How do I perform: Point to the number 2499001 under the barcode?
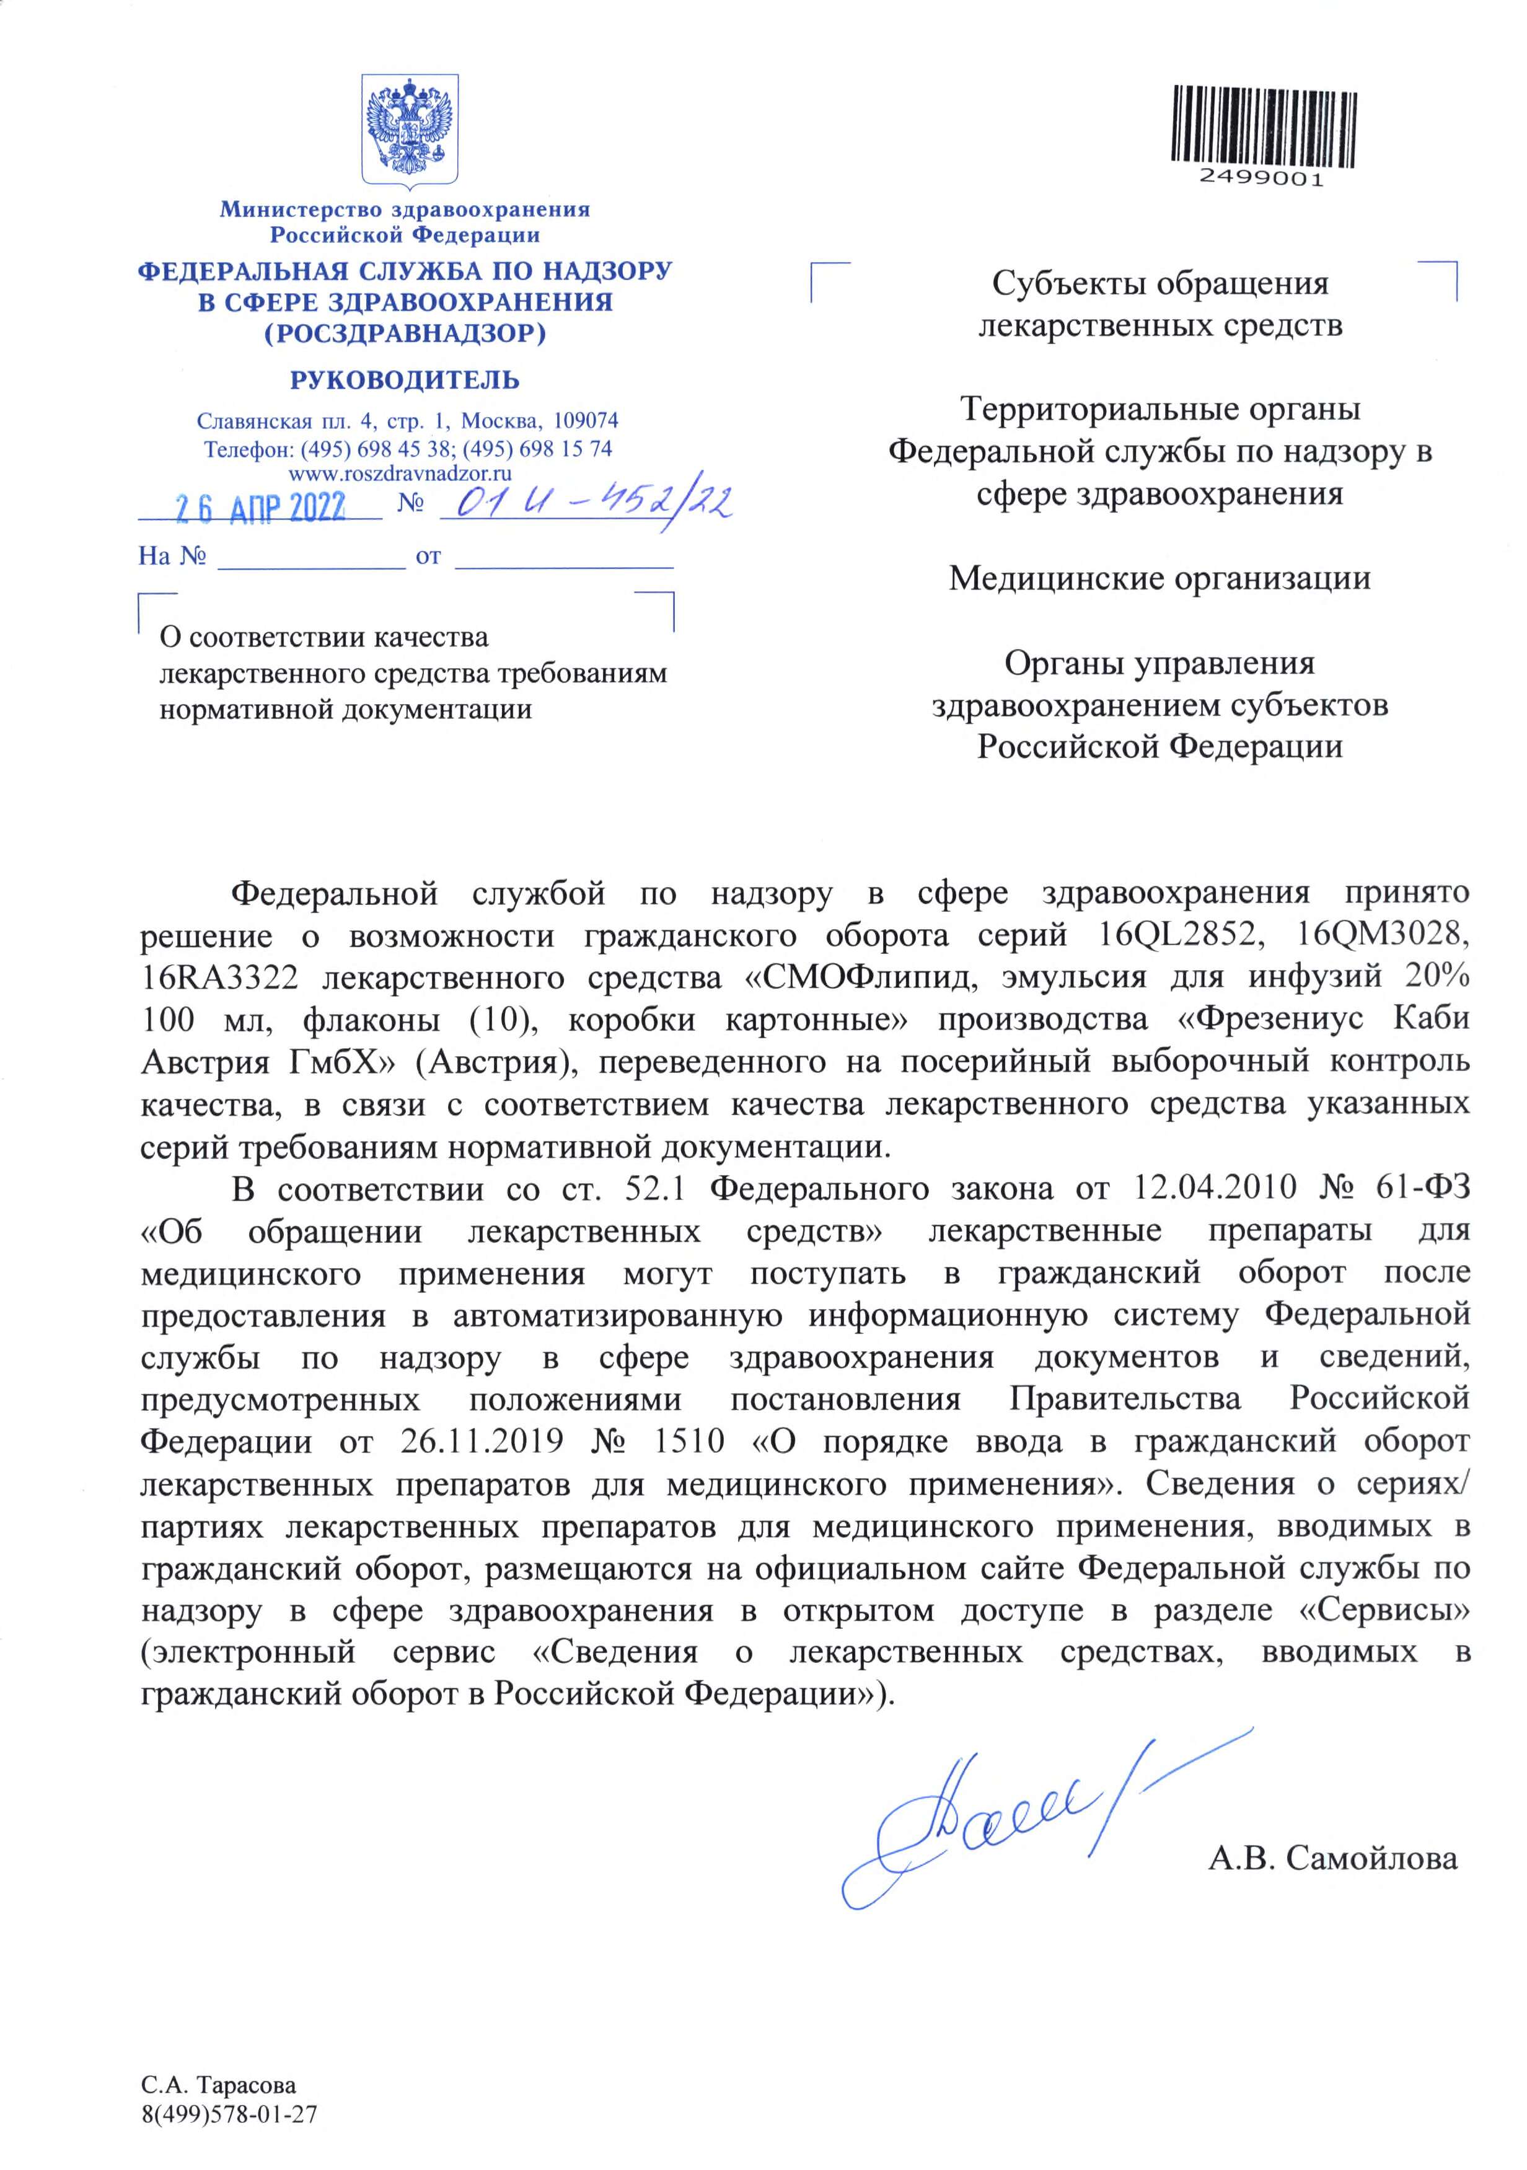pos(1262,179)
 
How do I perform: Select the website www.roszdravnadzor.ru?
pos(400,474)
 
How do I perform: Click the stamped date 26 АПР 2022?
pos(261,508)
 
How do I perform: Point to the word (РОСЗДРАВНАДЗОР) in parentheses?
pos(405,333)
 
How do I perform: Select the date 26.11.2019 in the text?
pos(482,1441)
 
